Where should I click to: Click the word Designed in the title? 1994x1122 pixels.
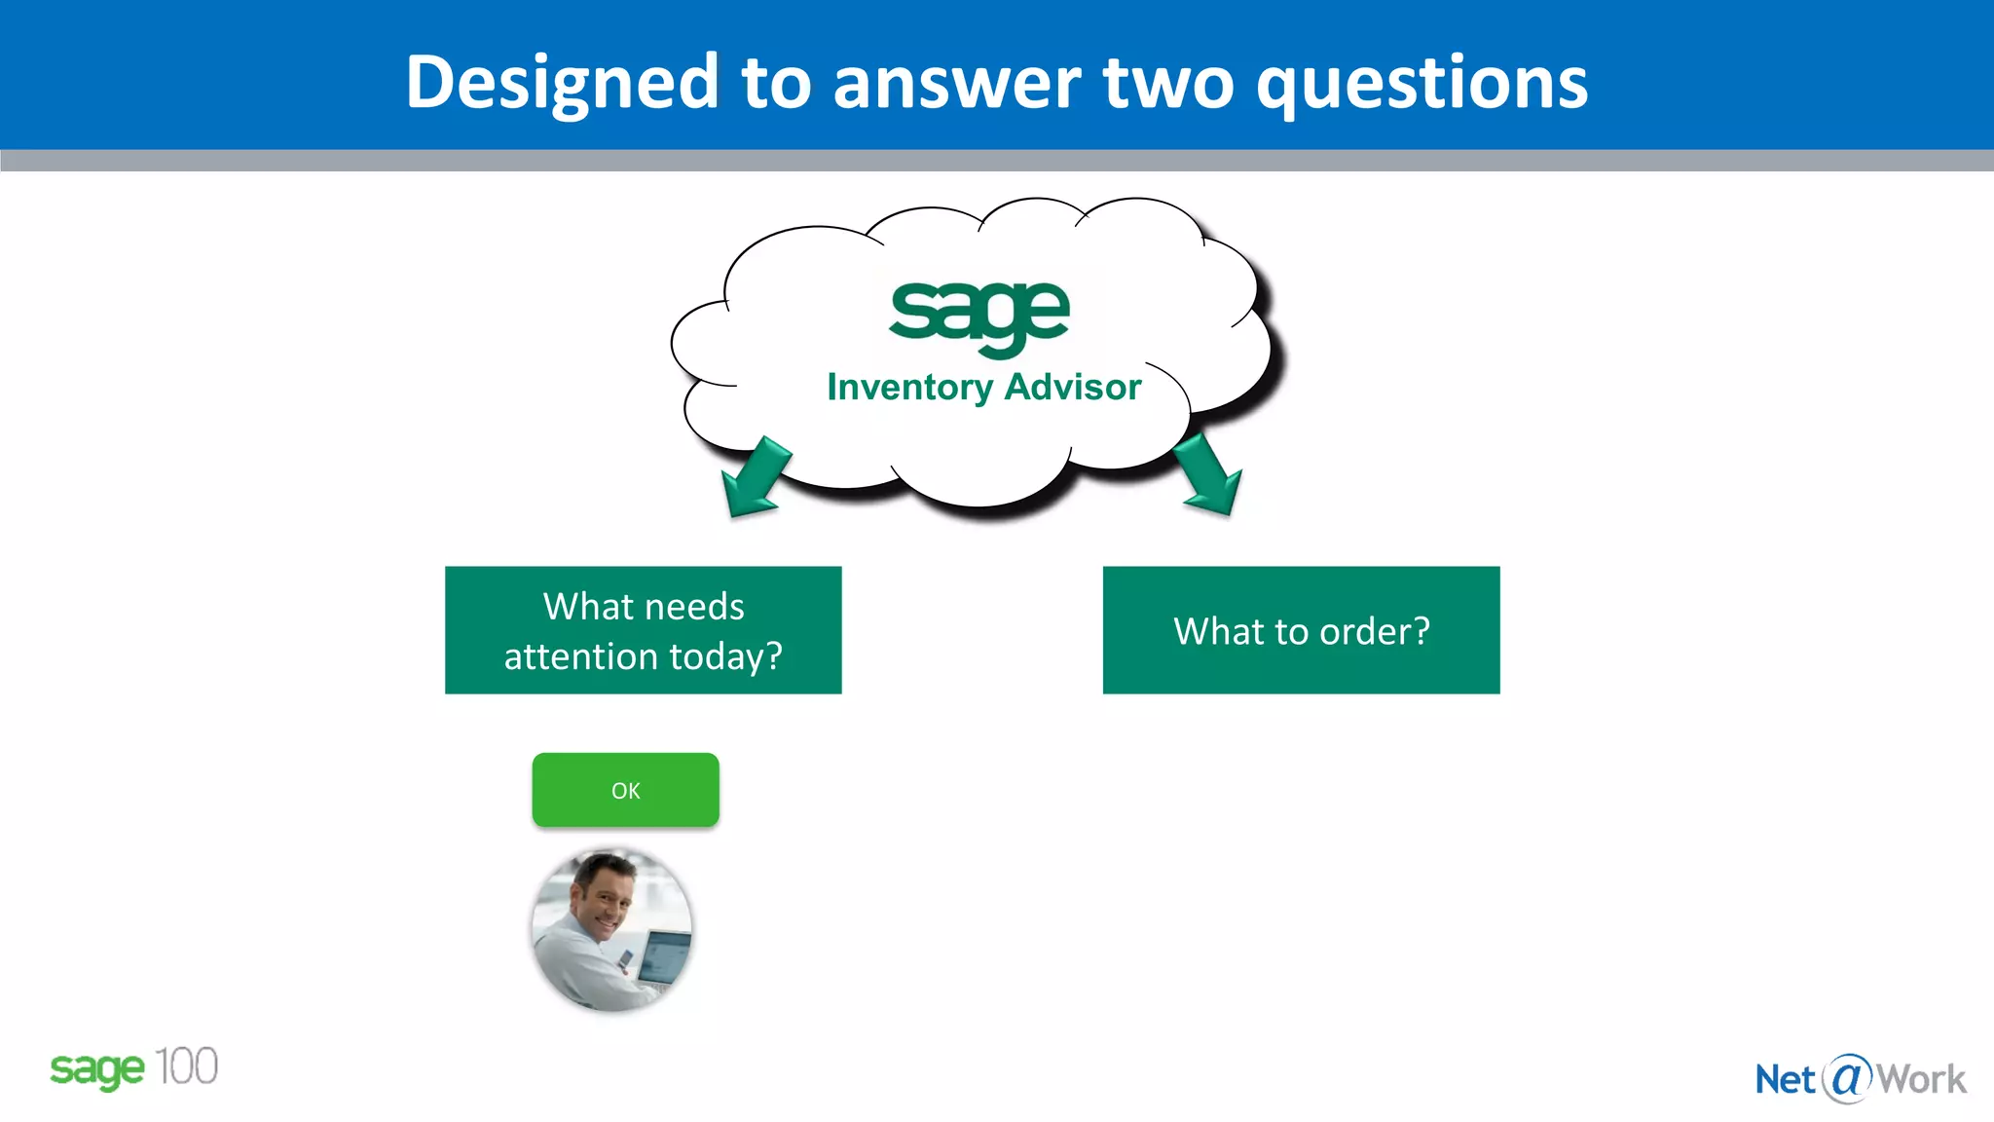tap(562, 83)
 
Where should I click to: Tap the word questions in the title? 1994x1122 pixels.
tap(1422, 83)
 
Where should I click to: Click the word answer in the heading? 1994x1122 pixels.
tap(956, 83)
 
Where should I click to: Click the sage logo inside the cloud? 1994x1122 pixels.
tap(979, 315)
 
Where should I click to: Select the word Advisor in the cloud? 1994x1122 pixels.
tap(1072, 388)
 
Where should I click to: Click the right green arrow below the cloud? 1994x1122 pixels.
tap(1209, 475)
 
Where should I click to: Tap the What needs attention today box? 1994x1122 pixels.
tap(643, 630)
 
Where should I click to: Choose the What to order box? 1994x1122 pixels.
tap(1301, 630)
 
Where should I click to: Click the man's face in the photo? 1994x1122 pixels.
tap(604, 896)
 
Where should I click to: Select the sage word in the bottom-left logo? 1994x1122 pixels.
tap(97, 1069)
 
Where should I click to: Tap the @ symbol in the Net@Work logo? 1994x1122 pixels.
tap(1846, 1078)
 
